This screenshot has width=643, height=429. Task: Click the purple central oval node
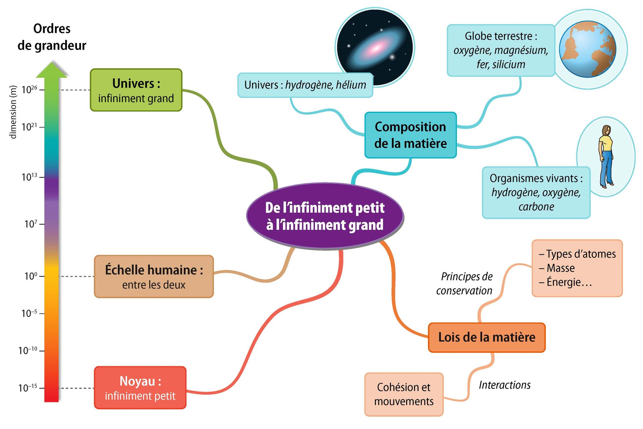point(325,216)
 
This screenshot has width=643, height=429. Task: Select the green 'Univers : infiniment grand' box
point(136,90)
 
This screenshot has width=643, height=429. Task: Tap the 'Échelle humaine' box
point(154,277)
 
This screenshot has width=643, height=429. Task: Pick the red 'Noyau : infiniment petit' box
point(140,388)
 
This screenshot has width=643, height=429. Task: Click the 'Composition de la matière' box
point(410,135)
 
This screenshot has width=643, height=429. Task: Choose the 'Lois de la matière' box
point(487,337)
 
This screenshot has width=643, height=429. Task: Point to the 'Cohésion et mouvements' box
point(404,394)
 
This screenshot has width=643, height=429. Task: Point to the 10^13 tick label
point(29,177)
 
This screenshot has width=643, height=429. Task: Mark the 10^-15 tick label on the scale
point(28,388)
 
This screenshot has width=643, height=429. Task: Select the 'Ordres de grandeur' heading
point(52,37)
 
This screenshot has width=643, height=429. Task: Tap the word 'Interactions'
point(504,385)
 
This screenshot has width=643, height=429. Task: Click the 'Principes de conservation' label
point(465,284)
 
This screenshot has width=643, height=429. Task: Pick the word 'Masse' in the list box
point(560,268)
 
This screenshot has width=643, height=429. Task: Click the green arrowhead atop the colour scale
point(52,70)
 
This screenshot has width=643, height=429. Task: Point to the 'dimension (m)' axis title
point(13,112)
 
